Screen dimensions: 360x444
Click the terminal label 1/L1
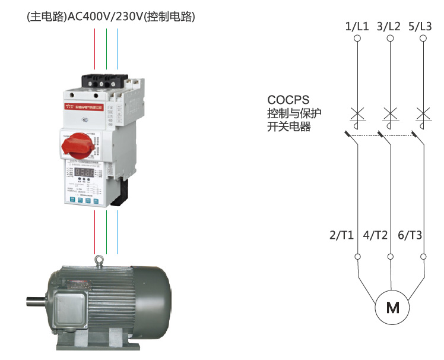[x=357, y=26]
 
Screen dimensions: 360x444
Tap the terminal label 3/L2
[x=389, y=26]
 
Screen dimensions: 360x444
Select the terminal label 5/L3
[x=422, y=26]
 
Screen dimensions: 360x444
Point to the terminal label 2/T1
[x=342, y=235]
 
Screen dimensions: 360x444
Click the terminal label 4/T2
[x=375, y=235]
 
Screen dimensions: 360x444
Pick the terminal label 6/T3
[x=410, y=235]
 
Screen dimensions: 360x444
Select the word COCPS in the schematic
[x=288, y=100]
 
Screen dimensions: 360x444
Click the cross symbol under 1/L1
[x=357, y=112]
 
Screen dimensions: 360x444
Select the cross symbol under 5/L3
[x=423, y=112]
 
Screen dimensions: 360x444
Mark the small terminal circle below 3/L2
[x=390, y=39]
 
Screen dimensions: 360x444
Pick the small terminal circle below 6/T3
[x=423, y=257]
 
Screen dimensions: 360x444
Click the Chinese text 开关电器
[x=289, y=127]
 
